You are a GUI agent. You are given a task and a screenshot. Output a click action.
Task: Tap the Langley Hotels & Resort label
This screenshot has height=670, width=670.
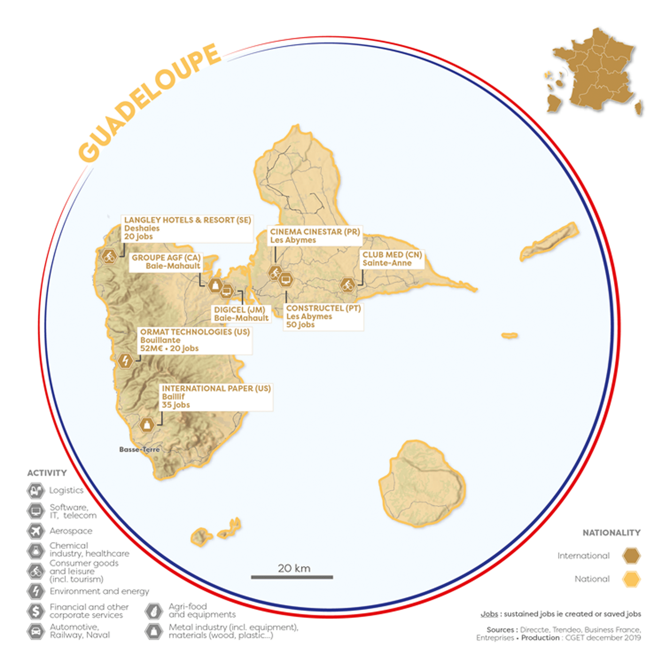(x=187, y=228)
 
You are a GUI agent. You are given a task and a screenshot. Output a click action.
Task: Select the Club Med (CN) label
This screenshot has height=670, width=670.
(x=392, y=259)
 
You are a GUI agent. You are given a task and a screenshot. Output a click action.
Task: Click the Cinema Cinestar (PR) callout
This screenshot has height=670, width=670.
(x=315, y=236)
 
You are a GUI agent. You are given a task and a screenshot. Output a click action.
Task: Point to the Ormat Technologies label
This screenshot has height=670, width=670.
(x=195, y=340)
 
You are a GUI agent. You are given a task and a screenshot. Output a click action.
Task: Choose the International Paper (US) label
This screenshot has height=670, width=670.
(x=216, y=397)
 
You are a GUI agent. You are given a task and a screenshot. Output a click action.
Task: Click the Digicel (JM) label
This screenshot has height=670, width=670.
(x=241, y=314)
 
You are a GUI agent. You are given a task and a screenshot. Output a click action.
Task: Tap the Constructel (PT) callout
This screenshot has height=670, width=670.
(x=323, y=316)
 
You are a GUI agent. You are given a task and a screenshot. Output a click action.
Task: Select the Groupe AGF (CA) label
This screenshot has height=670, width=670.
(x=166, y=261)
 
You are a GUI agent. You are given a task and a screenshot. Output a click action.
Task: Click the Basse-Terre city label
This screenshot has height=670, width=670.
(x=139, y=449)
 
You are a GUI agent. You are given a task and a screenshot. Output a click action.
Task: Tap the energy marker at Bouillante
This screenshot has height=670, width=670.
(x=125, y=361)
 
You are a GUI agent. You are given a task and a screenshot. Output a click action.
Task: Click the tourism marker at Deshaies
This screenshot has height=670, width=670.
(x=109, y=256)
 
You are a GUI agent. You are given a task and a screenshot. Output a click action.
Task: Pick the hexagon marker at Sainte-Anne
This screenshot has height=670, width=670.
(x=348, y=285)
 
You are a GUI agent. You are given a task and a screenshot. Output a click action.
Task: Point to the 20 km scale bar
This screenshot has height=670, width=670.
(x=292, y=577)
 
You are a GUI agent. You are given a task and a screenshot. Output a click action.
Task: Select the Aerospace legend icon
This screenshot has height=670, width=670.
(x=36, y=530)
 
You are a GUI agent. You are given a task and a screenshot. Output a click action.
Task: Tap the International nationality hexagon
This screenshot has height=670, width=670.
(x=631, y=556)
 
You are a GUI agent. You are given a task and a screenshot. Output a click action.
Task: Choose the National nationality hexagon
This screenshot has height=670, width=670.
(x=631, y=579)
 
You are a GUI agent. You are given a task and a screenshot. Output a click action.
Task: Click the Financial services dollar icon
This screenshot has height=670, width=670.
(x=36, y=611)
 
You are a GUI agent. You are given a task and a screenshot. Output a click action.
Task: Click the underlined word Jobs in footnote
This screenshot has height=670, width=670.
(x=489, y=614)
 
